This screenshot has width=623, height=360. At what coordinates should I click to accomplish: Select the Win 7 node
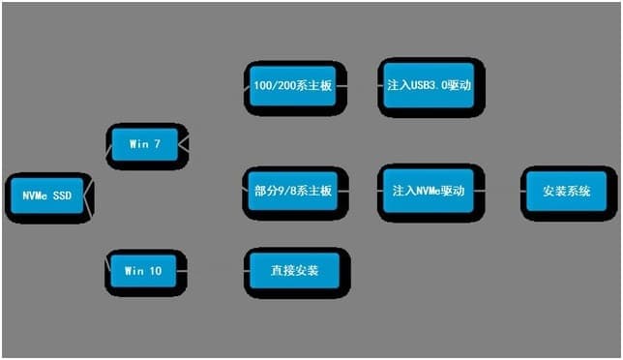[x=144, y=144]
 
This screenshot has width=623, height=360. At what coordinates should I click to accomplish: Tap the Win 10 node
[x=144, y=272]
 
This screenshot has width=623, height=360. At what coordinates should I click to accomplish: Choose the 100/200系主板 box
[x=293, y=85]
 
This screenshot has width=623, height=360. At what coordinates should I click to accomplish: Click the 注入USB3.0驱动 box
[x=429, y=85]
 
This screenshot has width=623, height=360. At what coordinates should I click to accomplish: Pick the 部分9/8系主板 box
[x=293, y=191]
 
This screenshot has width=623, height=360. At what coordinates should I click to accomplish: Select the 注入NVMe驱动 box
[x=429, y=191]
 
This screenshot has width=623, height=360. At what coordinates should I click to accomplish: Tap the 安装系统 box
[x=566, y=191]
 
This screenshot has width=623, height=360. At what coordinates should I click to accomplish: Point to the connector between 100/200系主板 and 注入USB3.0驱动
[x=360, y=85]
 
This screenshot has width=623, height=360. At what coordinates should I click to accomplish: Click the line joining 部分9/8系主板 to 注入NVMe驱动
[x=360, y=191]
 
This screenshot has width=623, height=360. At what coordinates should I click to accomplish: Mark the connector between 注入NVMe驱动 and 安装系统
[x=499, y=191]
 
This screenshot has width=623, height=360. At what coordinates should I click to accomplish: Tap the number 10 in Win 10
[x=156, y=272]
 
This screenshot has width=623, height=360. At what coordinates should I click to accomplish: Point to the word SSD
[x=63, y=195]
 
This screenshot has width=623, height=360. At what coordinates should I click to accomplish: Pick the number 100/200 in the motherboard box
[x=274, y=85]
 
